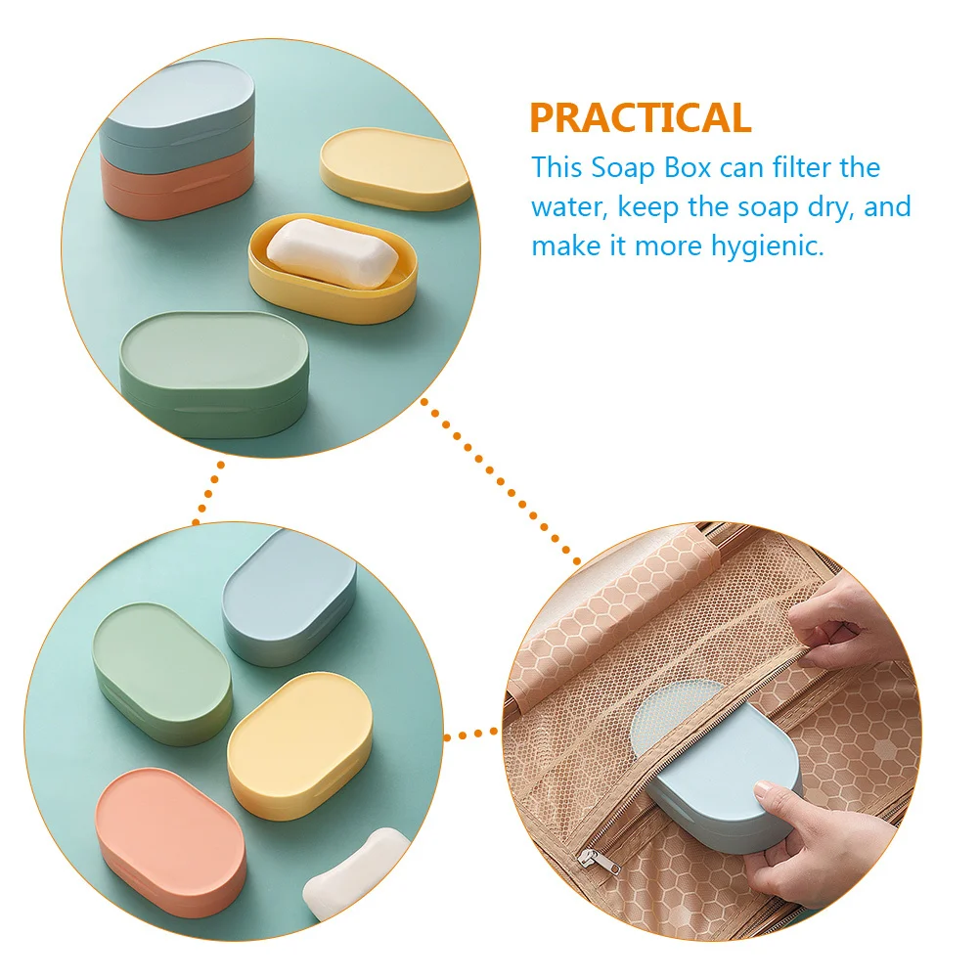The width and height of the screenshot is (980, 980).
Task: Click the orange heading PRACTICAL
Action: tap(641, 117)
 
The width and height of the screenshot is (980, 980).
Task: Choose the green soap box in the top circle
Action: tap(213, 372)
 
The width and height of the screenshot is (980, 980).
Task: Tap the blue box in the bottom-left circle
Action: tap(288, 597)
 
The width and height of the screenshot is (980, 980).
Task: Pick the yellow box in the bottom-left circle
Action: tap(299, 744)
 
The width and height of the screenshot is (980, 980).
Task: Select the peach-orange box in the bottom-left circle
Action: tap(171, 841)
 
